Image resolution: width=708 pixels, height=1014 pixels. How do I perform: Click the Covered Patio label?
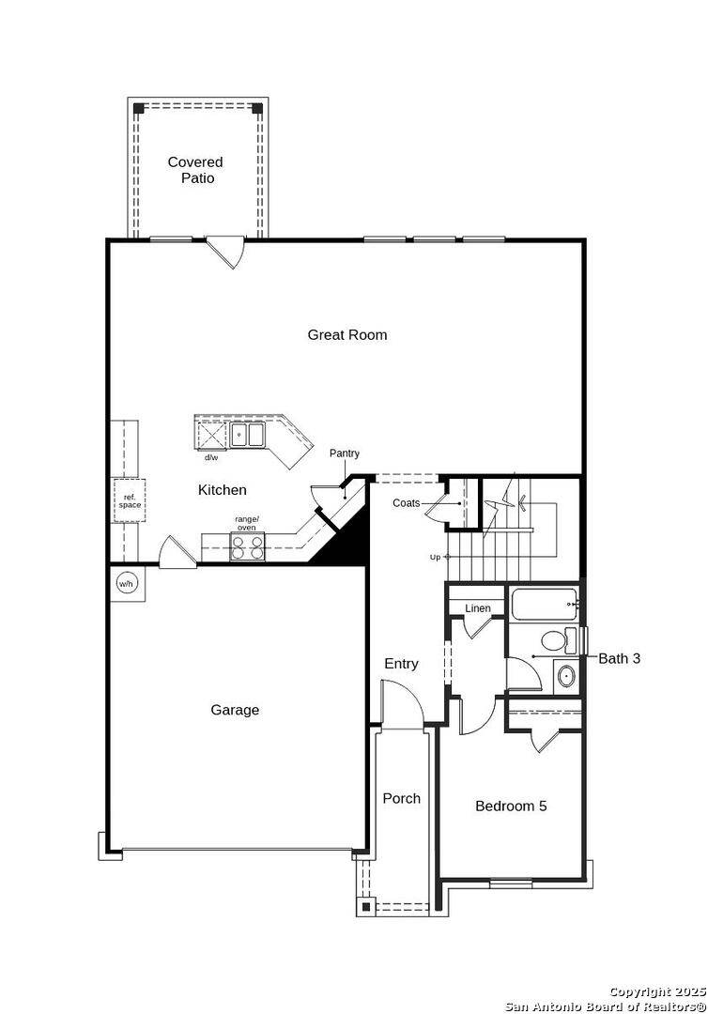195,170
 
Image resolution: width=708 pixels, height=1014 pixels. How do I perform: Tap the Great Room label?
346,335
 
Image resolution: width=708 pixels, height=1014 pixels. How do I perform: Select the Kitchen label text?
223,490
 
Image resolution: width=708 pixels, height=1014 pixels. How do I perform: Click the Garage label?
235,711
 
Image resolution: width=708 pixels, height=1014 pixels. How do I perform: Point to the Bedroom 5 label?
511,806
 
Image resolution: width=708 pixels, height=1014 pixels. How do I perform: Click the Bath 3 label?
620,659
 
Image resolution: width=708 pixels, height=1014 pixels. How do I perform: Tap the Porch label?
401,799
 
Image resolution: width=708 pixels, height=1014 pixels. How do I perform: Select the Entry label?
401,664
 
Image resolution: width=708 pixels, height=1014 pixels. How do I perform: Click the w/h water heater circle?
127,584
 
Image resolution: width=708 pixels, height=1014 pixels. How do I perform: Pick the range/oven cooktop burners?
248,546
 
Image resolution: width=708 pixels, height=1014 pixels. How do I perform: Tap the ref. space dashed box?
130,499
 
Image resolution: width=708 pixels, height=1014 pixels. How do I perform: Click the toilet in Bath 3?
554,642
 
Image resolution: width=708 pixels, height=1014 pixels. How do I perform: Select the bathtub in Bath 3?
544,604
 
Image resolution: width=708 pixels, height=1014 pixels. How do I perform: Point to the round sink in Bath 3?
565,675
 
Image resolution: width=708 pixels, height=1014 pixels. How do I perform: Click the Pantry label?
344,453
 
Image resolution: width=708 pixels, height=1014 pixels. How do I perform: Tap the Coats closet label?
407,503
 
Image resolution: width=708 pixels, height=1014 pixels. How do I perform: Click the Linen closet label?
477,608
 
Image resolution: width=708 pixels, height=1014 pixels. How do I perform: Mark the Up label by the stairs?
435,557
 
